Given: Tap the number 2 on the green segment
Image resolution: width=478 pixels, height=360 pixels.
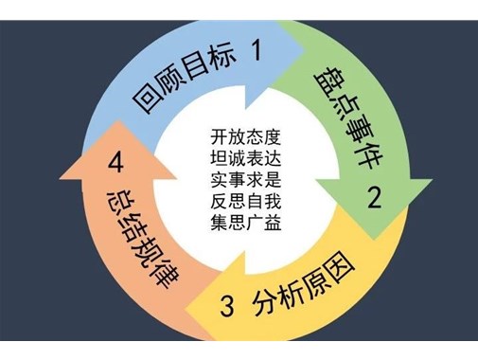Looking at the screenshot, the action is (x=375, y=198).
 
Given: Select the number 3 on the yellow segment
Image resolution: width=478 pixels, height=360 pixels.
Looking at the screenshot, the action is (x=227, y=306).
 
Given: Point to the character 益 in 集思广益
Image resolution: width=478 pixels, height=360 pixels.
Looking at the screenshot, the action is (x=275, y=223).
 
